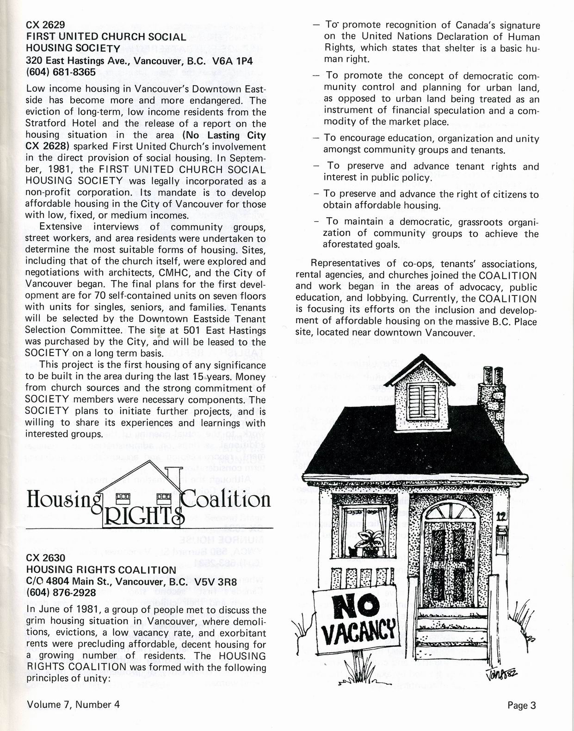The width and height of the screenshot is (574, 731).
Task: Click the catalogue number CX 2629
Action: (x=45, y=25)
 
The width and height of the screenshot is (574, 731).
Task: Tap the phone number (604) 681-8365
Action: (x=61, y=72)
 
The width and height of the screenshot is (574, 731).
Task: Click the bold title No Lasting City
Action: (x=224, y=135)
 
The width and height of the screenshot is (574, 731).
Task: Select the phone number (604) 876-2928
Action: (x=61, y=592)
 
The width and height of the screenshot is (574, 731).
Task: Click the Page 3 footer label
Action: (x=521, y=705)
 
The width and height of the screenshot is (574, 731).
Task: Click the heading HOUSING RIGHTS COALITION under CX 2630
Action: (x=101, y=570)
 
